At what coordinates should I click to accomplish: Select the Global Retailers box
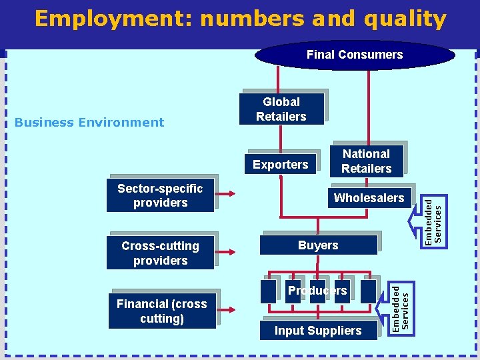[x=281, y=109]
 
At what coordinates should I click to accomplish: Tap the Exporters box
[x=281, y=164]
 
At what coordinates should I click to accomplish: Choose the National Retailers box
[x=366, y=161]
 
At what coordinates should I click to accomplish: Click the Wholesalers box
[x=369, y=197]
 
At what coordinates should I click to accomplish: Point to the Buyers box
[x=318, y=245]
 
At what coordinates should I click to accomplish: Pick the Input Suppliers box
[x=318, y=331]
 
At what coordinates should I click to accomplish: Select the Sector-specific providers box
[x=160, y=195]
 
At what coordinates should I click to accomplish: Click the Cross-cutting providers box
[x=160, y=253]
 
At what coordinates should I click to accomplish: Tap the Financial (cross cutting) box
[x=161, y=311]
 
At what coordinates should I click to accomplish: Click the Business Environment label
[x=89, y=122]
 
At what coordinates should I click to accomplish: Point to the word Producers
[x=317, y=291]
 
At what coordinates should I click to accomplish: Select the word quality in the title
[x=405, y=19]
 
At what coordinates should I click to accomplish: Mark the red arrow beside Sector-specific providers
[x=226, y=195]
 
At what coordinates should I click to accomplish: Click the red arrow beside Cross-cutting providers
[x=226, y=252]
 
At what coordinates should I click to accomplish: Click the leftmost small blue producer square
[x=268, y=291]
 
